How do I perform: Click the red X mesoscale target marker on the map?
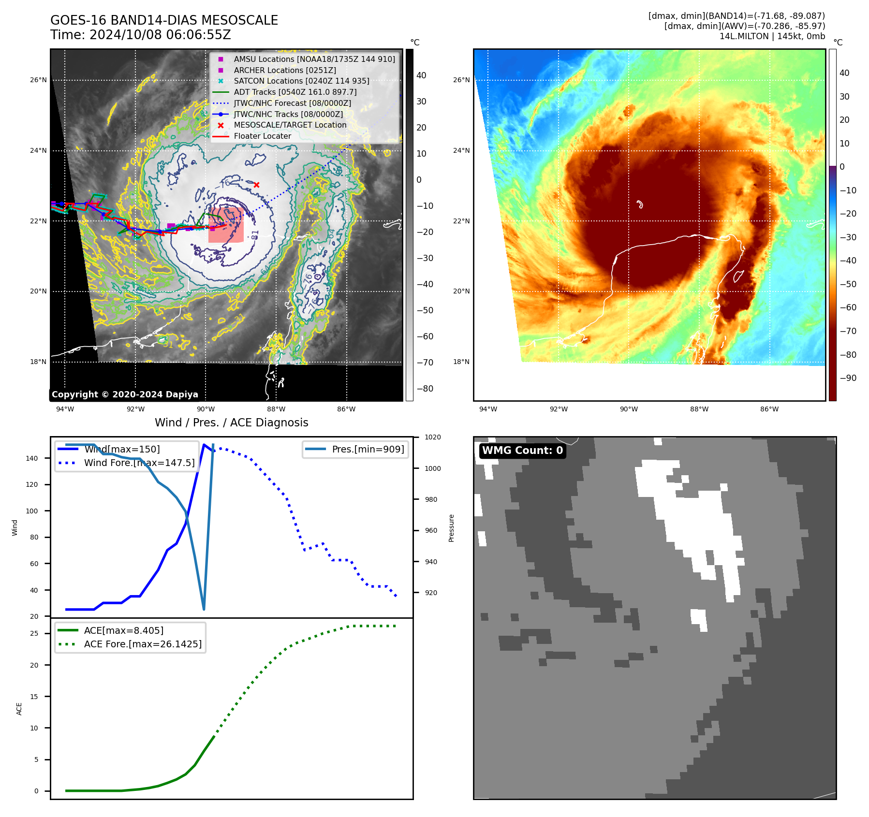[x=256, y=185]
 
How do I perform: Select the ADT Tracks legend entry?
[x=295, y=92]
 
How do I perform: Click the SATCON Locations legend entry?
[x=301, y=81]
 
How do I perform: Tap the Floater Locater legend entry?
[x=262, y=136]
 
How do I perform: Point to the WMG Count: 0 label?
[x=522, y=451]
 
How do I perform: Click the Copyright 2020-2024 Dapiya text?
[x=125, y=394]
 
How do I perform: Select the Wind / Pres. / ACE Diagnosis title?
[x=231, y=423]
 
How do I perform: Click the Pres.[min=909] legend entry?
[x=368, y=449]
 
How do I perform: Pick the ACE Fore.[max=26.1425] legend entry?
[x=143, y=644]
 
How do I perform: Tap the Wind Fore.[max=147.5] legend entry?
[x=139, y=463]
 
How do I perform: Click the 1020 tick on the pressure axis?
[x=432, y=437]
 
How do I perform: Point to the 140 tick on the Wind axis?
[x=32, y=458]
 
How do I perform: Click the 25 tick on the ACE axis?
[x=34, y=633]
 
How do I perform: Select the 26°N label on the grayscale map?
[x=38, y=80]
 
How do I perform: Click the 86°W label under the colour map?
[x=769, y=409]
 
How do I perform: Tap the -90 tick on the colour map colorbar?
[x=848, y=378]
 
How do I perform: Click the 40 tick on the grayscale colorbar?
[x=421, y=75]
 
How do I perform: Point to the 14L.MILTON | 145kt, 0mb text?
[x=772, y=36]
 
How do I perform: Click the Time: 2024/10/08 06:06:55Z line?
[x=141, y=35]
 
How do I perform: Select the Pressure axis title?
[x=451, y=528]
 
